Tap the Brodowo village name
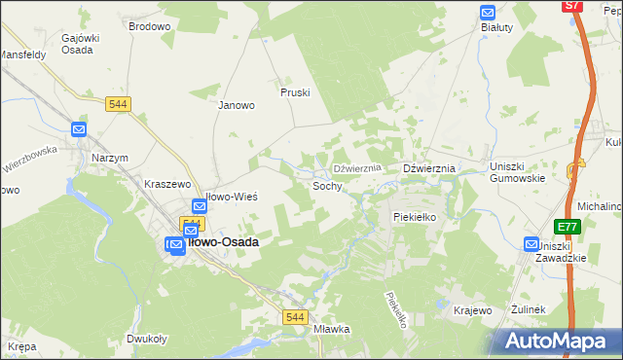(x=149, y=26)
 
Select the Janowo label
(x=236, y=105)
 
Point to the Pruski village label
(x=294, y=93)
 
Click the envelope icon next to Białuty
(x=488, y=13)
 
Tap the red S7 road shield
(x=573, y=6)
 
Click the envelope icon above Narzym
(x=80, y=129)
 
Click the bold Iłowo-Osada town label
(x=221, y=242)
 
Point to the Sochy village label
(x=326, y=185)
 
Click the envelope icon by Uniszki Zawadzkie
(x=531, y=244)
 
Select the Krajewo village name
(x=473, y=309)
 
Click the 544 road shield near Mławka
(x=296, y=317)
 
